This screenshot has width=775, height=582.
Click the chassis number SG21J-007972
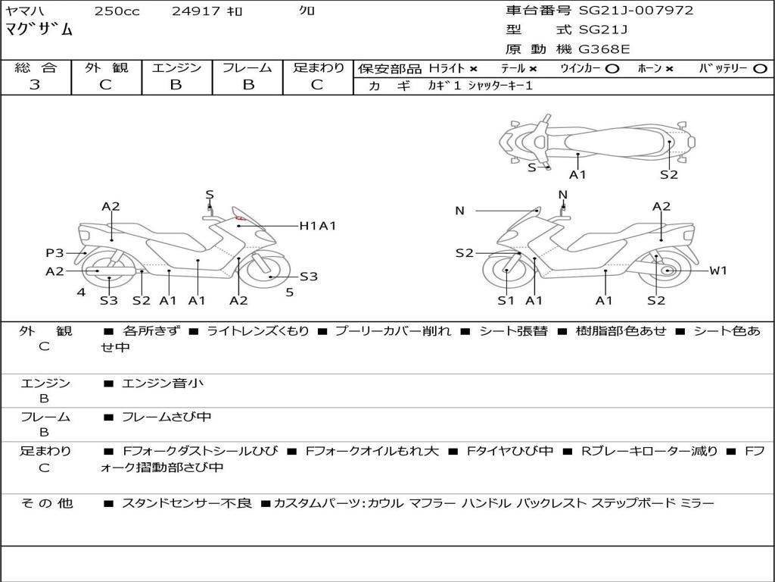[636, 11]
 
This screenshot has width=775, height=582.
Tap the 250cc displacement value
[117, 11]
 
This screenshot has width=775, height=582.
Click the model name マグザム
[39, 30]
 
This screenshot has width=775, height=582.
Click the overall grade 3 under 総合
[35, 85]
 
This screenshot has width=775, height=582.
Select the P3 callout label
[54, 253]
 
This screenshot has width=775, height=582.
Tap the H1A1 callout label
[318, 226]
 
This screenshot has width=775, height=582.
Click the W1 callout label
[718, 271]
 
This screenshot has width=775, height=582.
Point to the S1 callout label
[506, 300]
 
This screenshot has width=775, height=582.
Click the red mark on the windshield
[241, 217]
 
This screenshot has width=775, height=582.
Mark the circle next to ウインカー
[612, 69]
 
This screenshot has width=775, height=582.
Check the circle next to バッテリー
[760, 69]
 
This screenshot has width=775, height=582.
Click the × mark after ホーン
[669, 69]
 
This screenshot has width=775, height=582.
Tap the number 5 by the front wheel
[290, 293]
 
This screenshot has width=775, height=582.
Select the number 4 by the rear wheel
[81, 293]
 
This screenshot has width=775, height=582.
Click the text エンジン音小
[163, 383]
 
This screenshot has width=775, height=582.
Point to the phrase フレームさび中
[167, 418]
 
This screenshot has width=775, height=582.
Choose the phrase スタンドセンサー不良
[187, 503]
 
